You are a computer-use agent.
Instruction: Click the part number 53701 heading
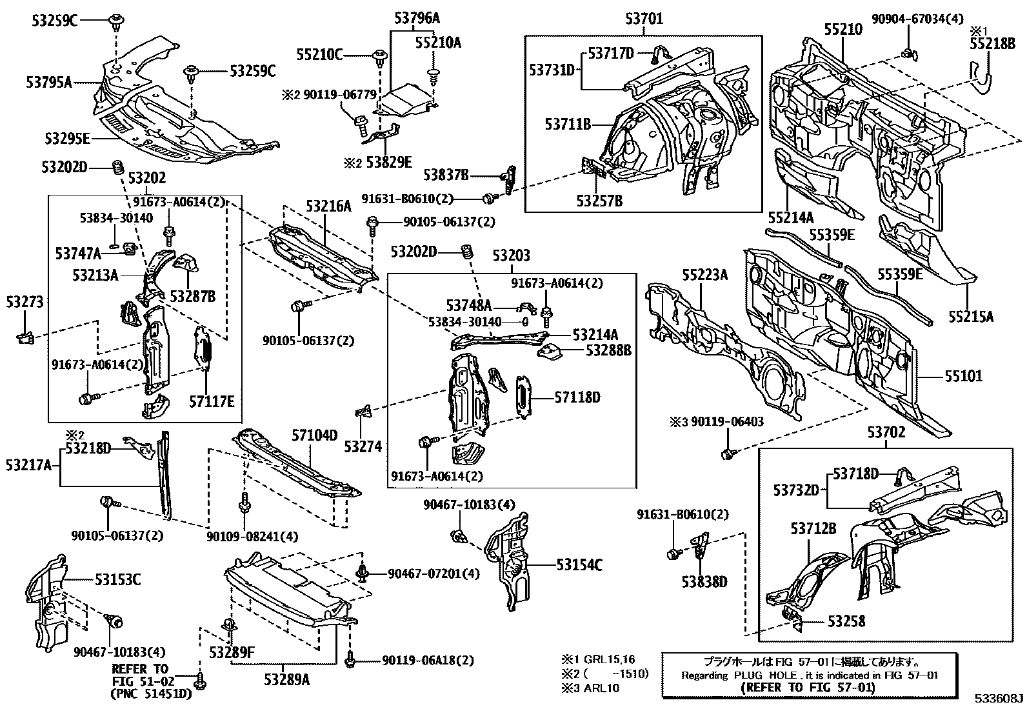tap(644, 19)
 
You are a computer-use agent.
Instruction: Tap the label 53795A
tap(49, 82)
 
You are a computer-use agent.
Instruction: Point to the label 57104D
tap(315, 436)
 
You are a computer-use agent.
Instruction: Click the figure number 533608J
tap(999, 699)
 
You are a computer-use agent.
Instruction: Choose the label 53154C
tap(579, 565)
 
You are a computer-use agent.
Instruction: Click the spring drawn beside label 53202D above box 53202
tap(117, 167)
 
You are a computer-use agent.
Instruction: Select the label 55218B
tap(992, 43)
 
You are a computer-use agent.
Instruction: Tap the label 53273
tap(25, 302)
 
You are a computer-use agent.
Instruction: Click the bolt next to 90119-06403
tap(728, 454)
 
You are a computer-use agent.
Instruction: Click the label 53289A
tap(286, 679)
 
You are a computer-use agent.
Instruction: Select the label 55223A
tap(705, 275)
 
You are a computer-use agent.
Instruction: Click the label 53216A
tap(328, 206)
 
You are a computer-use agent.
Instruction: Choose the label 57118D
tap(577, 397)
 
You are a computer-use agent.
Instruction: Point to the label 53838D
tap(705, 582)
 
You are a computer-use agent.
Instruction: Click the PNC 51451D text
tap(152, 694)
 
